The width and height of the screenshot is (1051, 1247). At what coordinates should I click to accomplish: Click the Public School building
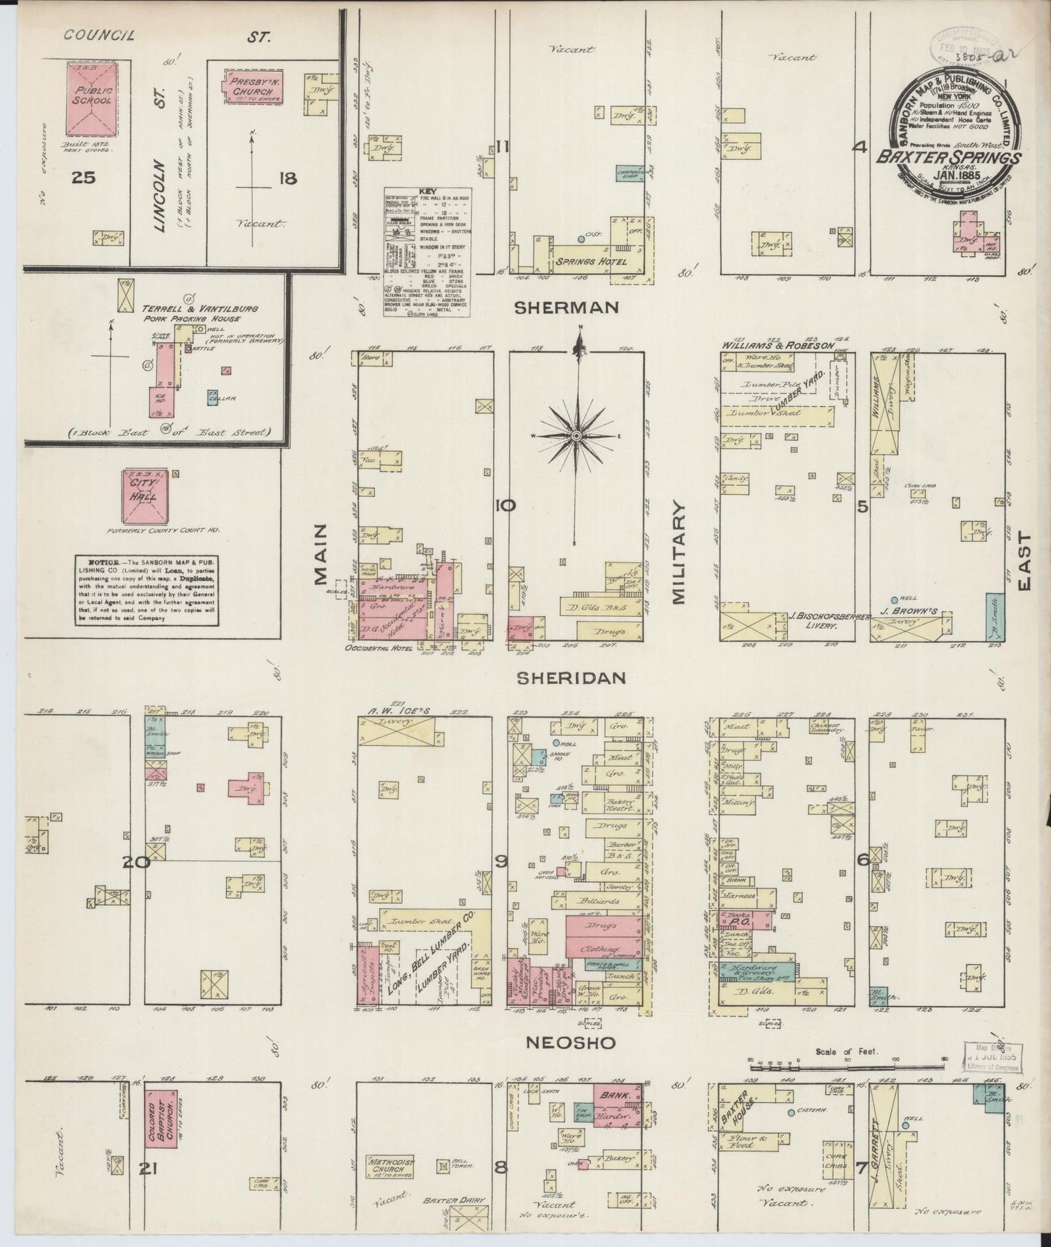tap(92, 99)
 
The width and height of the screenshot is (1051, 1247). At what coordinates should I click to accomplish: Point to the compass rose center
tap(576, 435)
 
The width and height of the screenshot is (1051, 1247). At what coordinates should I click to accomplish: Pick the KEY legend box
tap(426, 252)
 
